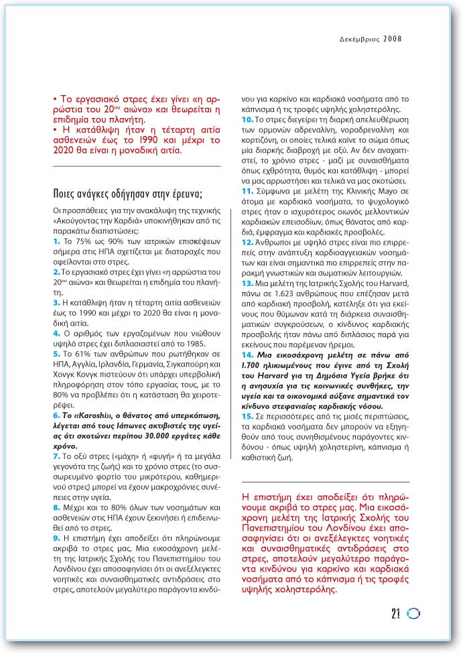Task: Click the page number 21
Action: pos(395,612)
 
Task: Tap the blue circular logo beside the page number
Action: pos(413,612)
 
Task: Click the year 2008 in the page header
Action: pos(393,39)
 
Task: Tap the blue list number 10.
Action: pos(246,119)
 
